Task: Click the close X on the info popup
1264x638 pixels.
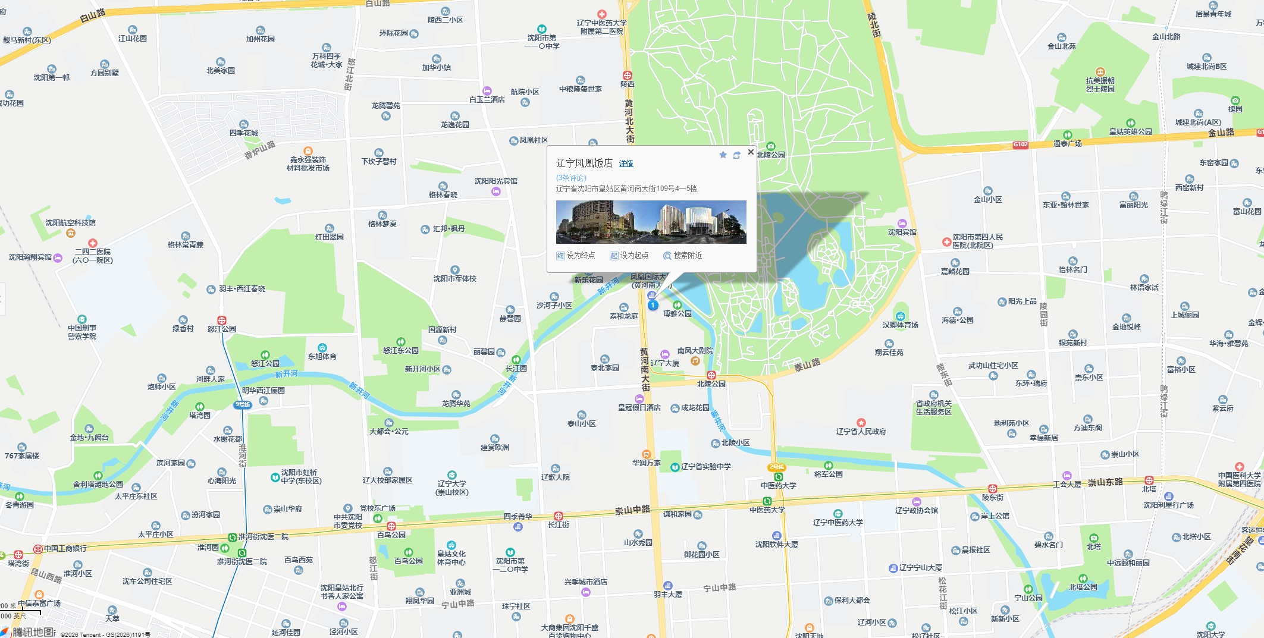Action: pos(751,152)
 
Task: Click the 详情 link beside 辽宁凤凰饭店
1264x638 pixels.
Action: pos(626,164)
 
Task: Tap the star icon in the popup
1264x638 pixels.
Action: pos(723,155)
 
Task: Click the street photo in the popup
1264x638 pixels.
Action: pos(651,222)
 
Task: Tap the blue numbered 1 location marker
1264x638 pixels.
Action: pos(653,305)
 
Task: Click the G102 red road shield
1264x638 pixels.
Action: pos(1021,144)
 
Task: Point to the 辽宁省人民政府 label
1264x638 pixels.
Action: pos(861,432)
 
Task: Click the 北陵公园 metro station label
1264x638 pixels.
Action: pos(711,384)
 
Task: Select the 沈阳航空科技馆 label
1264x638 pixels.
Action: pos(70,223)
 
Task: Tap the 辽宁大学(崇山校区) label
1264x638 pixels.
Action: pos(452,488)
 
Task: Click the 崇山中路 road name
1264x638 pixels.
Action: pos(632,510)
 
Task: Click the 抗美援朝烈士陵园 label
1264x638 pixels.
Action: pos(1100,84)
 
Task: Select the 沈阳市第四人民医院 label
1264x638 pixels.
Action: pos(977,241)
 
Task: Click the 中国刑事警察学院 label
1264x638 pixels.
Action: pos(82,332)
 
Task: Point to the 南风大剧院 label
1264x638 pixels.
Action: pos(695,351)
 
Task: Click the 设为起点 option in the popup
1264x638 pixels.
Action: pos(629,256)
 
